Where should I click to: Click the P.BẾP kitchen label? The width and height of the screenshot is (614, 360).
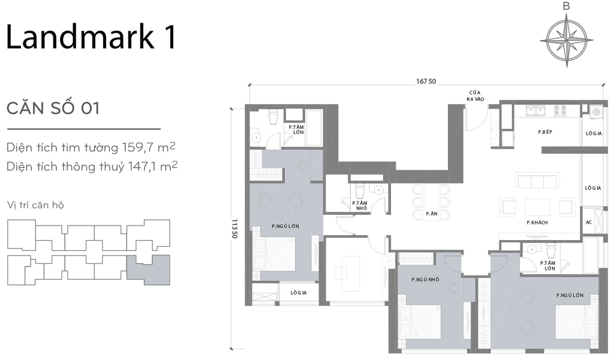[544, 131]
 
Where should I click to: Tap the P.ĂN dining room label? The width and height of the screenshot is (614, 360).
[431, 214]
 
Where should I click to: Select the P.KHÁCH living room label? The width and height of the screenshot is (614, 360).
[537, 223]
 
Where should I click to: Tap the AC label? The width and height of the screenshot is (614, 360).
[589, 223]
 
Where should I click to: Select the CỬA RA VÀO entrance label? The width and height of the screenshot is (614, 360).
[477, 96]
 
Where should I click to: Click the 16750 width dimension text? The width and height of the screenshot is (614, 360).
[427, 82]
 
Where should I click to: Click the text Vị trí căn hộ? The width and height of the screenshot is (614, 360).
[36, 205]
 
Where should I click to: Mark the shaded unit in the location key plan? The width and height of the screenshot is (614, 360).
[150, 268]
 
